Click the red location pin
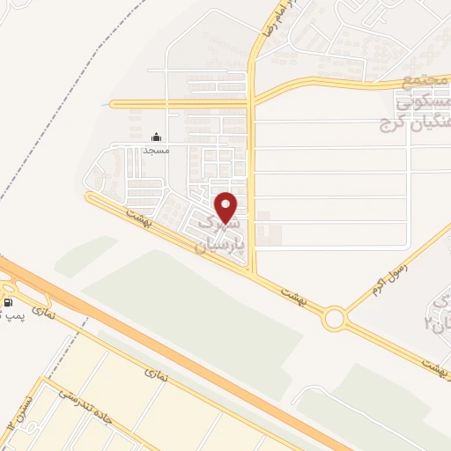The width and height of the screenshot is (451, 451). tap(226, 207)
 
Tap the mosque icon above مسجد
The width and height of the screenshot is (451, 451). tap(157, 137)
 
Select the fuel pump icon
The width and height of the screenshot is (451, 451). tap(8, 303)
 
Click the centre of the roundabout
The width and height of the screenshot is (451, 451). tap(334, 318)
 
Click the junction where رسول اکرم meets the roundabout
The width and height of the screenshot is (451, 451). tap(345, 310)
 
